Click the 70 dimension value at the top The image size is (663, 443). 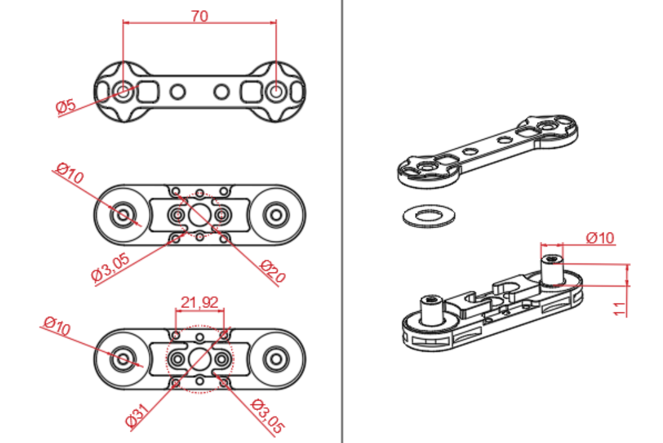pos(200,16)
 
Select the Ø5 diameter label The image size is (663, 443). pos(66,105)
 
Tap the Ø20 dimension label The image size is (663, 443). pos(273,272)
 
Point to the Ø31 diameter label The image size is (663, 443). pos(138,415)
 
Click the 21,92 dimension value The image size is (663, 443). pos(200,302)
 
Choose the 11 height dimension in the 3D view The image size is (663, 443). pos(619,309)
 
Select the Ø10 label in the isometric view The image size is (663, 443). pos(600,238)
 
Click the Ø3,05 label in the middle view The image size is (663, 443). pos(111,267)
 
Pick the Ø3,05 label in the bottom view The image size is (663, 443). pos(267,416)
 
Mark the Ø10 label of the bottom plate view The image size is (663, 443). pos(57,326)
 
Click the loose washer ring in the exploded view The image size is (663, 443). pos(429,216)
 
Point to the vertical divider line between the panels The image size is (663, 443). pos(342,222)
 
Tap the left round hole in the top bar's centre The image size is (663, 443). pos(177,92)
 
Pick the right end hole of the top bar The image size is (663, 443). pos(276,91)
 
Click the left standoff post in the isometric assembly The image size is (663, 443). pos(430,310)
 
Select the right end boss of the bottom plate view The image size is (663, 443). pos(276,359)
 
